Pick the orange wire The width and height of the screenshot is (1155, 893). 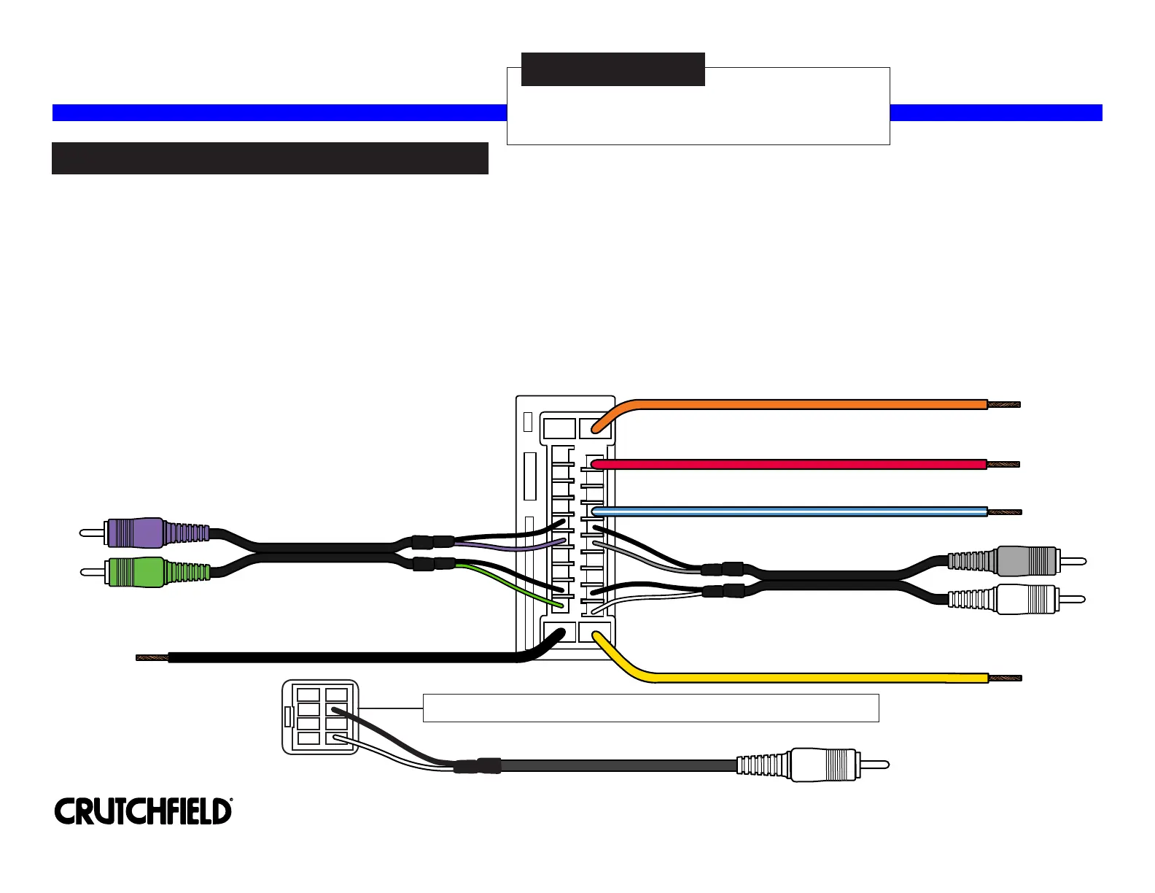802,404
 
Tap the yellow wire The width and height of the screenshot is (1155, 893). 802,678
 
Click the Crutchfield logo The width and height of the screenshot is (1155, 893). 144,811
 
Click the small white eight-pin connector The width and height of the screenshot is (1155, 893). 320,717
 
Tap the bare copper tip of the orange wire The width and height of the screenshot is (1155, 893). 1004,404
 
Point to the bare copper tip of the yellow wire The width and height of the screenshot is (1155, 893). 1006,678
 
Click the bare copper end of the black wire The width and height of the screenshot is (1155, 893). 152,657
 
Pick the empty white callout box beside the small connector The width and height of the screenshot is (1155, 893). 650,708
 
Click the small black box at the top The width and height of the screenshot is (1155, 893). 612,69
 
